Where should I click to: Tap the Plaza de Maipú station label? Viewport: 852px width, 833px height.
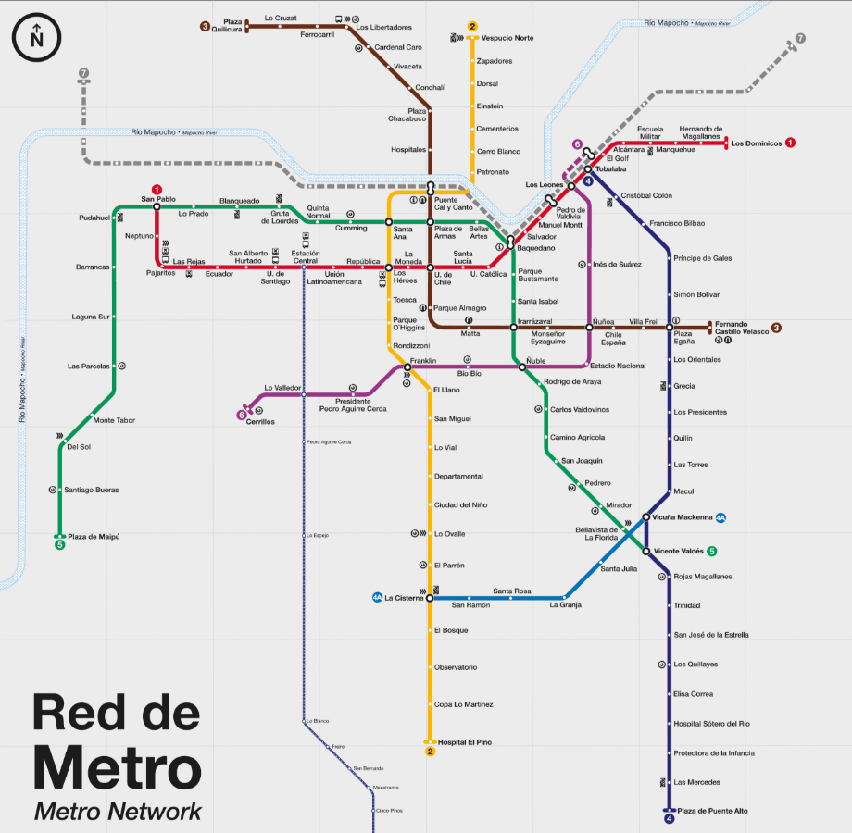[x=94, y=537]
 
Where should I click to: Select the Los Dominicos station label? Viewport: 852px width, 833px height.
[x=756, y=143]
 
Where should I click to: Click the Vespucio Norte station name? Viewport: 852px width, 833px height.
[x=507, y=38]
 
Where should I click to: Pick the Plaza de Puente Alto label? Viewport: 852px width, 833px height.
[x=712, y=811]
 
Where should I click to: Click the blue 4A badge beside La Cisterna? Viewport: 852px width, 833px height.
[x=377, y=598]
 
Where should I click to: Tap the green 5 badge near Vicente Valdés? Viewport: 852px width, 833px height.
[x=712, y=552]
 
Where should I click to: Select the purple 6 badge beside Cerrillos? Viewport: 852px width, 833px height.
[x=243, y=416]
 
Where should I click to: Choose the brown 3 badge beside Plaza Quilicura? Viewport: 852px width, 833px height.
[x=205, y=26]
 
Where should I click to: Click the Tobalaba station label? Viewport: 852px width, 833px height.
[x=611, y=169]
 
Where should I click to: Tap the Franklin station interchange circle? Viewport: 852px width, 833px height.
[x=407, y=367]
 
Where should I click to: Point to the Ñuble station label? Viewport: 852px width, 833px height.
[x=535, y=360]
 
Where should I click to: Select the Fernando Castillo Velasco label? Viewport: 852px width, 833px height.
[x=743, y=327]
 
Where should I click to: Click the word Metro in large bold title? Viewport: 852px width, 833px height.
[x=117, y=768]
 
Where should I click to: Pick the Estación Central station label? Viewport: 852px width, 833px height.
[x=306, y=257]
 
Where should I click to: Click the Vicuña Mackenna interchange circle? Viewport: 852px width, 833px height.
[x=645, y=517]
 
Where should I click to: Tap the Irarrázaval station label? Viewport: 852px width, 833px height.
[x=535, y=321]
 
